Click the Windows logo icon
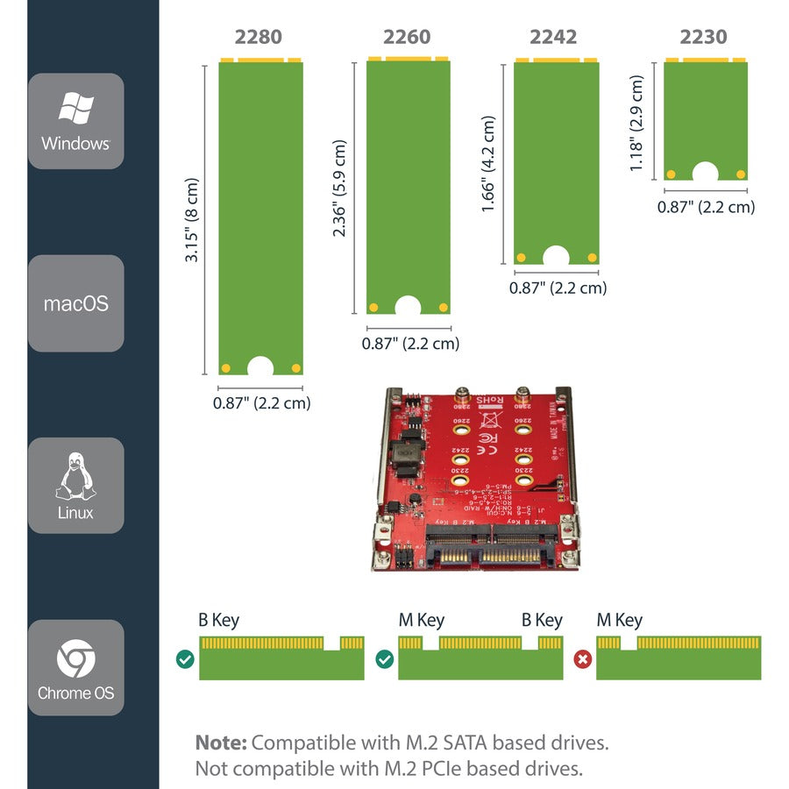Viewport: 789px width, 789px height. pyautogui.click(x=75, y=109)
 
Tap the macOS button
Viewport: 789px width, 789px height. pyautogui.click(x=75, y=304)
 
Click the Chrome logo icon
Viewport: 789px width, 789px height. pyautogui.click(x=75, y=658)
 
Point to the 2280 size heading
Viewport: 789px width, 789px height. pyautogui.click(x=259, y=38)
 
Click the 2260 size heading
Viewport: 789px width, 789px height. pyautogui.click(x=407, y=38)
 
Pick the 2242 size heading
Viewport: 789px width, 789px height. pyautogui.click(x=553, y=38)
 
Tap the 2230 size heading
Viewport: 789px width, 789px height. pyautogui.click(x=703, y=38)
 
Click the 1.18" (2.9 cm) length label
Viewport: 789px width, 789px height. pyautogui.click(x=637, y=123)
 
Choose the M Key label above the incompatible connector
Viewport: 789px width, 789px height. pyautogui.click(x=619, y=621)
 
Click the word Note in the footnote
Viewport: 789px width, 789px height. pyautogui.click(x=220, y=743)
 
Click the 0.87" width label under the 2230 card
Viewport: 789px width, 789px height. pyautogui.click(x=706, y=207)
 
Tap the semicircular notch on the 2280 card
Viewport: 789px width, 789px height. pyautogui.click(x=260, y=366)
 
